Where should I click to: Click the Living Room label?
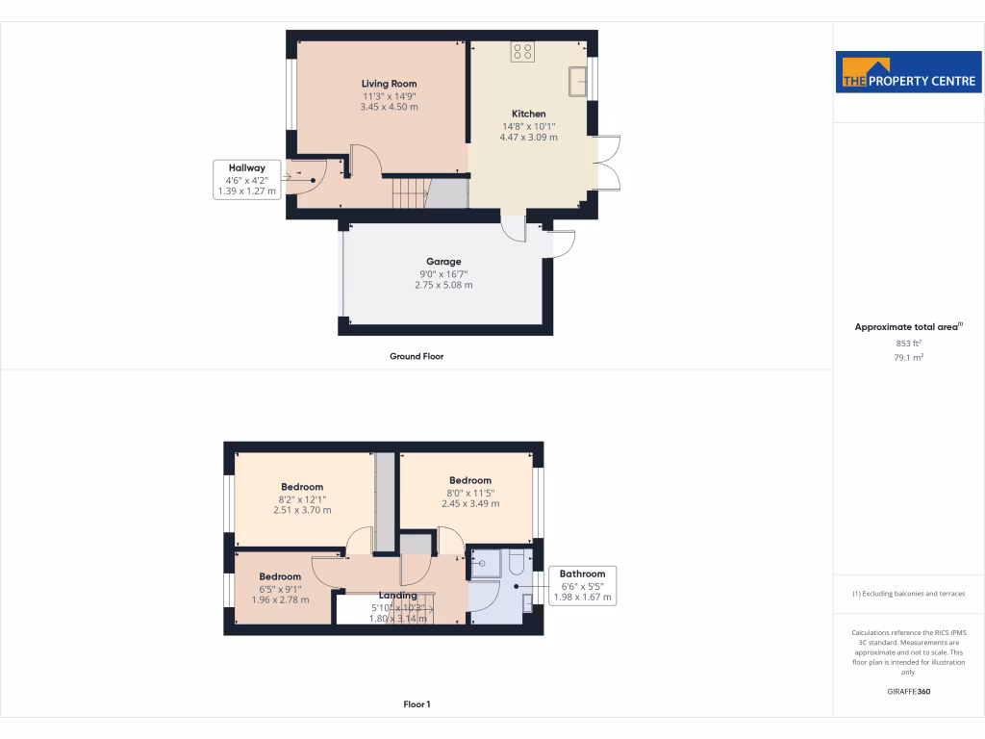[x=389, y=84]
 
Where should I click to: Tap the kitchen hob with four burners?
[x=524, y=52]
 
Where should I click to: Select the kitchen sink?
[x=579, y=81]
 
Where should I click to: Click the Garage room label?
[x=443, y=261]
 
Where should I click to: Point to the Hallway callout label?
[x=246, y=167]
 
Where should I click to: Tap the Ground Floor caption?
[x=417, y=356]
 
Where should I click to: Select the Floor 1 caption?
[x=417, y=704]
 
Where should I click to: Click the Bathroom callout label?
[x=582, y=573]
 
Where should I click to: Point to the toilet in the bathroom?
[x=515, y=562]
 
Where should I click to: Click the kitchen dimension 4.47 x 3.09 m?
[x=528, y=138]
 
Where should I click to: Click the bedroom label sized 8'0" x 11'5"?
[x=469, y=480]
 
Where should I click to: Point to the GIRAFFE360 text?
[x=909, y=691]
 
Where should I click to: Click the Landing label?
[x=397, y=596]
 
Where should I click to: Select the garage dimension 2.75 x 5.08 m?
[x=443, y=285]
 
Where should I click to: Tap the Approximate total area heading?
[x=907, y=327]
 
